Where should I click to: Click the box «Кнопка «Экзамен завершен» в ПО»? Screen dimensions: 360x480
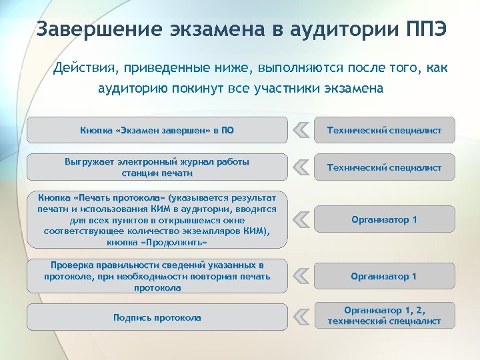(157, 131)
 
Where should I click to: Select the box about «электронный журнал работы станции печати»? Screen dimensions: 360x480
(157, 167)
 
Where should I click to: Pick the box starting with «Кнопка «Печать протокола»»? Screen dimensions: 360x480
(157, 219)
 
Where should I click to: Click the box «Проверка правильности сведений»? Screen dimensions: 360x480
(157, 276)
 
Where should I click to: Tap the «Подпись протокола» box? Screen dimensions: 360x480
(157, 317)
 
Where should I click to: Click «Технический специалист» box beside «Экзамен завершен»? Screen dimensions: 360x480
(384, 131)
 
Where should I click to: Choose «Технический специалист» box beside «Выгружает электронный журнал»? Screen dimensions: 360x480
(384, 167)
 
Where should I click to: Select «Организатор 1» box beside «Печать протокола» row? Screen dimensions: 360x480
(384, 219)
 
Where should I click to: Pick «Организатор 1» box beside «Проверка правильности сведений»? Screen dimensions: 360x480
(384, 276)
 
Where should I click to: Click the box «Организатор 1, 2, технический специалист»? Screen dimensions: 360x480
(384, 316)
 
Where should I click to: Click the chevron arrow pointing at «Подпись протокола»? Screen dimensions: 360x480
(301, 316)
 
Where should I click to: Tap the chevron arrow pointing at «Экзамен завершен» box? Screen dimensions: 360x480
(301, 130)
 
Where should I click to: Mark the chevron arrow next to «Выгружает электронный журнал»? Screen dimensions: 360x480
(301, 167)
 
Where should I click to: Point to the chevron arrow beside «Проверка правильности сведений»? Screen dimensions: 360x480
(301, 275)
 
